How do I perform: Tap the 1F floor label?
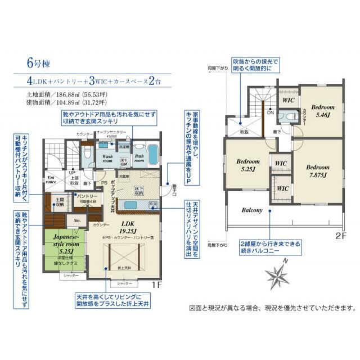pyautogui.click(x=156, y=284)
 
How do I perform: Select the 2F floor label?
pyautogui.click(x=340, y=236)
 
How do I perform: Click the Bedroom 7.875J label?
pyautogui.click(x=319, y=171)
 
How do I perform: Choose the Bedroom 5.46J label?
pyautogui.click(x=323, y=111)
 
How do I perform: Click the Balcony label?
pyautogui.click(x=252, y=210)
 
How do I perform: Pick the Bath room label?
pyautogui.click(x=139, y=159)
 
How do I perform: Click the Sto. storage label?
pyautogui.click(x=77, y=221)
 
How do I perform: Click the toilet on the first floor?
pyautogui.click(x=86, y=154)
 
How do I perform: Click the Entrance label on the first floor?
pyautogui.click(x=51, y=178)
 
